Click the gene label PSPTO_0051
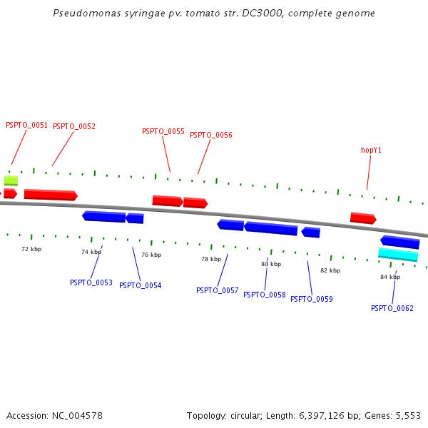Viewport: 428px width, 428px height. (26, 125)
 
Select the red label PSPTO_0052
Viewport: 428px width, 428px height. (74, 126)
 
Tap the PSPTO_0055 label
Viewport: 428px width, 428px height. (163, 131)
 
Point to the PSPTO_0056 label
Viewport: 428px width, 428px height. (211, 135)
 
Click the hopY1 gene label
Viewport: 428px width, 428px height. (371, 150)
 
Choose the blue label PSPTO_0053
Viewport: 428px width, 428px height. (91, 282)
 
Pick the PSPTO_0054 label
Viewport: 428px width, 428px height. (140, 285)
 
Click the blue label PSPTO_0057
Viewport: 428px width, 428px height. (217, 290)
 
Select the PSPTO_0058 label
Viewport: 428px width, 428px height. (265, 295)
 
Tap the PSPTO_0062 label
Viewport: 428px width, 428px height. (392, 308)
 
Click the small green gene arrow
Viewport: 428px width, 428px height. (11, 180)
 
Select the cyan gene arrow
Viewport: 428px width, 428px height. (398, 255)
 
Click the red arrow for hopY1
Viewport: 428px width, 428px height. (363, 218)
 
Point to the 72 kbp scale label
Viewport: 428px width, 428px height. (31, 249)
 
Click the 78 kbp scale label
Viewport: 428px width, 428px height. (211, 259)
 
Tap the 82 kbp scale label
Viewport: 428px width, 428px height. (330, 270)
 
